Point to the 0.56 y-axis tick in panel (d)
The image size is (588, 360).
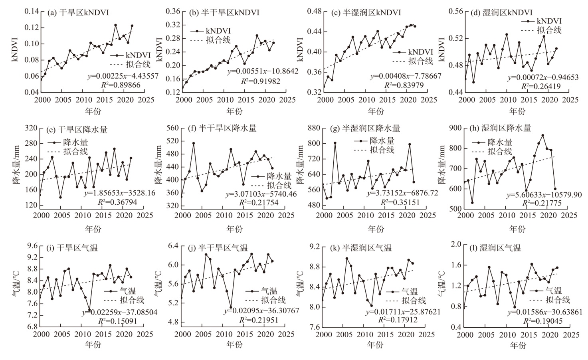coord(455,12)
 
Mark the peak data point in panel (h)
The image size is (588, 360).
coord(543,135)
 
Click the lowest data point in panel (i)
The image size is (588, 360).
coord(89,310)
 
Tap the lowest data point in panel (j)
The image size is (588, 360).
coord(231,307)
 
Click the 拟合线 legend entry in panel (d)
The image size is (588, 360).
coord(549,30)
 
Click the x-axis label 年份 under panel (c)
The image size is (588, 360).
coord(376,111)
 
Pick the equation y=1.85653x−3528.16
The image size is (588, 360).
coord(119,194)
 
